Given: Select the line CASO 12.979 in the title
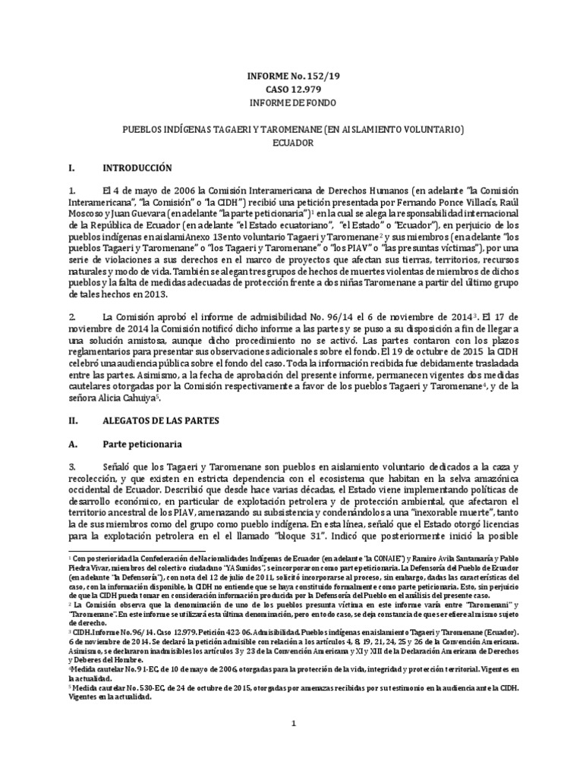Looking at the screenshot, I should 291,89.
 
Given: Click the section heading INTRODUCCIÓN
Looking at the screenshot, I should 139,168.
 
